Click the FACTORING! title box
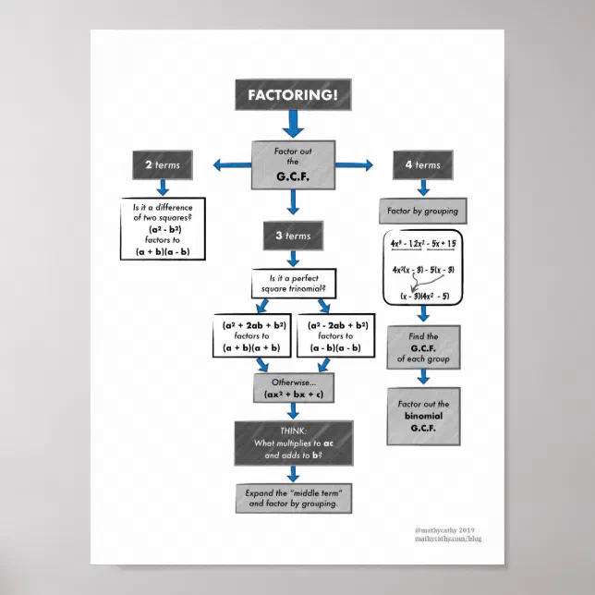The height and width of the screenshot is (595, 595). [x=293, y=94]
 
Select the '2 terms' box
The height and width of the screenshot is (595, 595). [x=163, y=165]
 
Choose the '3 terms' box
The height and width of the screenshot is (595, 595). [x=293, y=236]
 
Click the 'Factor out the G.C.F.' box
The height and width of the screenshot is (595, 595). [x=293, y=164]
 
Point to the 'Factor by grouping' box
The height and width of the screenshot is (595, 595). [x=421, y=212]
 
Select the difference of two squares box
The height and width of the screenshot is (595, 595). [x=163, y=228]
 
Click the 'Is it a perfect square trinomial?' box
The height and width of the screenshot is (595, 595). [x=293, y=284]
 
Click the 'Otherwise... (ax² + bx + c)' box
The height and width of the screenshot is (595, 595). [x=293, y=388]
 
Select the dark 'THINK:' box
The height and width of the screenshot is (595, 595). [x=293, y=443]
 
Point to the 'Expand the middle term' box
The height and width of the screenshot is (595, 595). [x=293, y=498]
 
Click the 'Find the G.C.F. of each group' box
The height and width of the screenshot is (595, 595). [x=423, y=347]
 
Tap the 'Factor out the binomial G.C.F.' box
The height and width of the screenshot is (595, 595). [x=423, y=417]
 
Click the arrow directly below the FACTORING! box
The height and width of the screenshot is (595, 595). [x=293, y=123]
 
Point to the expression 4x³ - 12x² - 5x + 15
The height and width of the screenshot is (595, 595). [x=423, y=243]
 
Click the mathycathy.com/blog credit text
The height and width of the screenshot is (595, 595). [x=449, y=539]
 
